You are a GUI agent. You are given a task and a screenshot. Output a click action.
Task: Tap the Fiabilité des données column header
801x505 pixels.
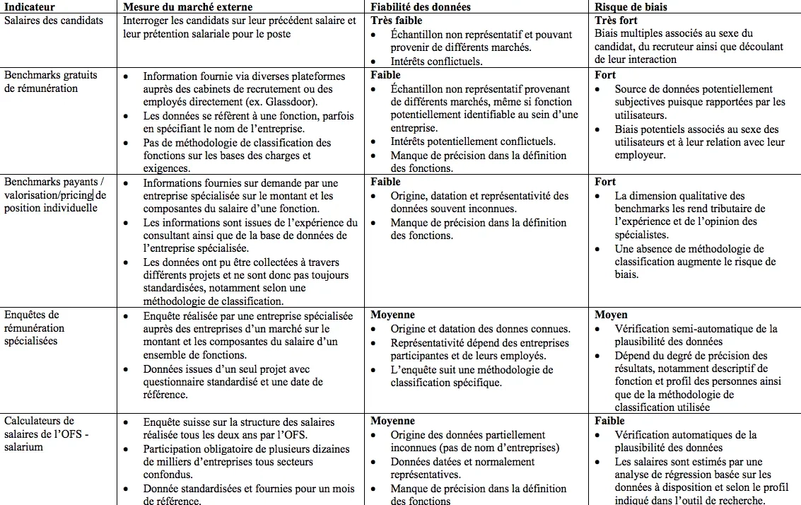(421, 7)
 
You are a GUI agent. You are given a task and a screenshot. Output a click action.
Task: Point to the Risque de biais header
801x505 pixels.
(631, 7)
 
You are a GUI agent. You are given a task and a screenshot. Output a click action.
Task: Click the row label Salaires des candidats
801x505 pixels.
(54, 21)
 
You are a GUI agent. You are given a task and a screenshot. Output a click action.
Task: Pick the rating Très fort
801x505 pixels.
(616, 21)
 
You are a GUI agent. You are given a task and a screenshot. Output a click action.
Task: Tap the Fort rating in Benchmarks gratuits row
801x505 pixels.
(605, 75)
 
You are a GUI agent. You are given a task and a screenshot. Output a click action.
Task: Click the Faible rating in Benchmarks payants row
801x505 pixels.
(385, 182)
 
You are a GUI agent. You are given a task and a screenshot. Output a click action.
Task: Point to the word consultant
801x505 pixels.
(168, 236)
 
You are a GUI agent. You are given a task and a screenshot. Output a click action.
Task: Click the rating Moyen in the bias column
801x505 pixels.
(611, 315)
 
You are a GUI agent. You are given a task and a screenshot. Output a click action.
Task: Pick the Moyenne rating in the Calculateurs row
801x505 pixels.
(392, 422)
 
